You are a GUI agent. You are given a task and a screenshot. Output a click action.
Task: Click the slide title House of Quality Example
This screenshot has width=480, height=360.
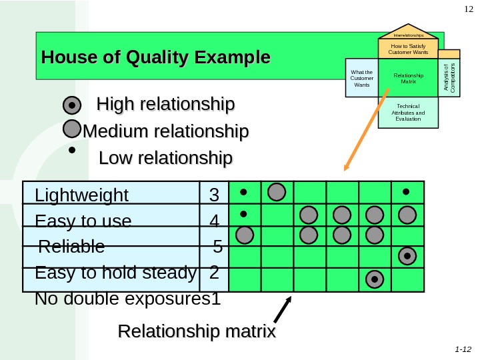click(x=156, y=57)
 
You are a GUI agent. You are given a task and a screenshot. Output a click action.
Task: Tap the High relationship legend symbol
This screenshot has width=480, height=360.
click(x=72, y=105)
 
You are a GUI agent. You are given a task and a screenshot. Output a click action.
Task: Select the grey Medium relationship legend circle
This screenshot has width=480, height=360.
click(x=72, y=129)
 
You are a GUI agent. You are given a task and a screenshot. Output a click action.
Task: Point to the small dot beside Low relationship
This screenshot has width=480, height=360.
click(x=72, y=151)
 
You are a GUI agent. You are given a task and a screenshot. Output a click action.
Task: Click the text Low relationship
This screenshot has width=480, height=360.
click(x=165, y=159)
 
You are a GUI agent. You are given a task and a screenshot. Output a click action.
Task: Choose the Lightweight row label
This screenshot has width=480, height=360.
click(x=81, y=195)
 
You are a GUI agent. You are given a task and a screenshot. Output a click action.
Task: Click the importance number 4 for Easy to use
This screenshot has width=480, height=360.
click(x=214, y=221)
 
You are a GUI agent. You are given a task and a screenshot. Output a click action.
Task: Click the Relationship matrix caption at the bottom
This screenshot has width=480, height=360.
click(x=197, y=331)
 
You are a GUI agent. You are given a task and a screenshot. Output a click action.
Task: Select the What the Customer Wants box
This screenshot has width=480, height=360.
click(x=361, y=78)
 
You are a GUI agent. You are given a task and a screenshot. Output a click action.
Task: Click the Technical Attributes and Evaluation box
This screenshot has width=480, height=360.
click(x=408, y=112)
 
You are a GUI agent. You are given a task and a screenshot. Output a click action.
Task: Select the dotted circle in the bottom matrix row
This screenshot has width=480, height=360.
click(x=375, y=279)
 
